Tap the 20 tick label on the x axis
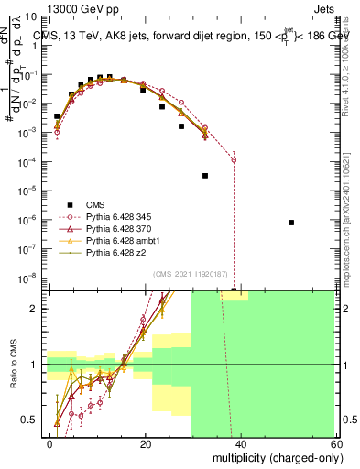coord(145,444)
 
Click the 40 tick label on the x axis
coord(240,444)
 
